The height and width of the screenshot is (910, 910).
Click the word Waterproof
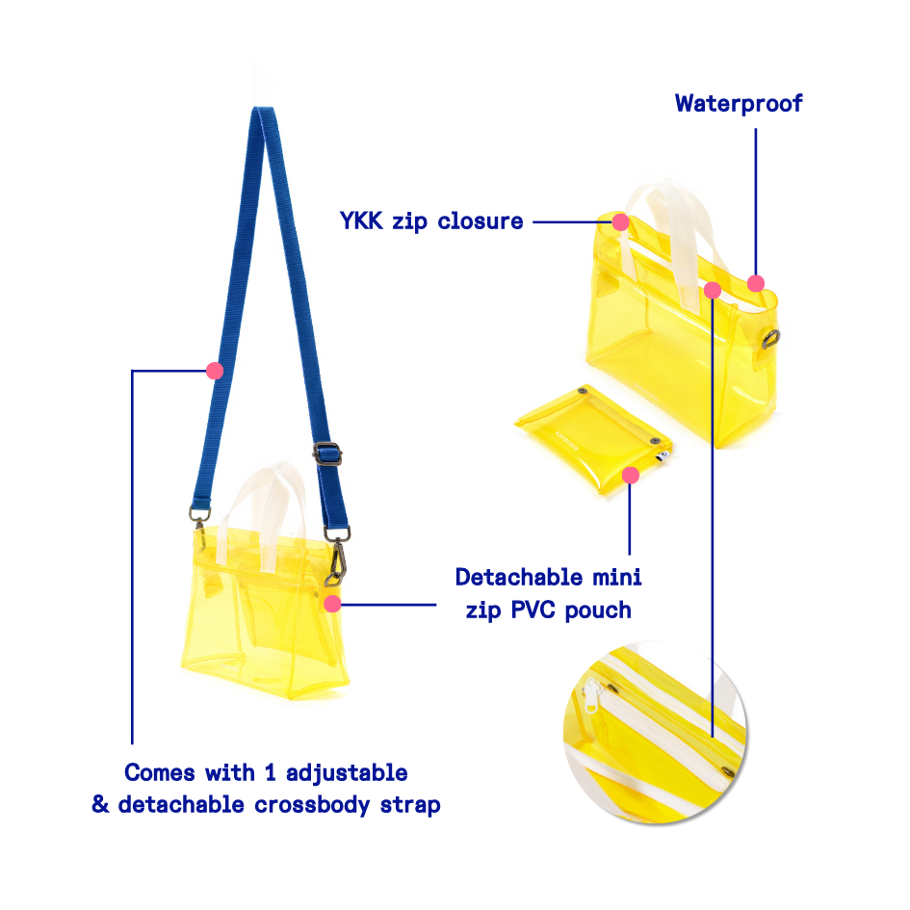pyautogui.click(x=738, y=103)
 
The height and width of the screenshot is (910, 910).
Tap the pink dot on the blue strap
pyautogui.click(x=215, y=370)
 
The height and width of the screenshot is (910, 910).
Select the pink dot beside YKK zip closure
pyautogui.click(x=620, y=221)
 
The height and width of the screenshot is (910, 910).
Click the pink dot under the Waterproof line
pyautogui.click(x=756, y=283)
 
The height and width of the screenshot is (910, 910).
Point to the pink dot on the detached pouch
pyautogui.click(x=631, y=475)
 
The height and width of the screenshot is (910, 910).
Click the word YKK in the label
pyautogui.click(x=362, y=221)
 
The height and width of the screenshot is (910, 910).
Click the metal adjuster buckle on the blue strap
pyautogui.click(x=325, y=453)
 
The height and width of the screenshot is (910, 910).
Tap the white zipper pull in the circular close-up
pyautogui.click(x=592, y=690)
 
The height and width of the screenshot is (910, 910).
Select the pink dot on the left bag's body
pyautogui.click(x=332, y=604)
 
